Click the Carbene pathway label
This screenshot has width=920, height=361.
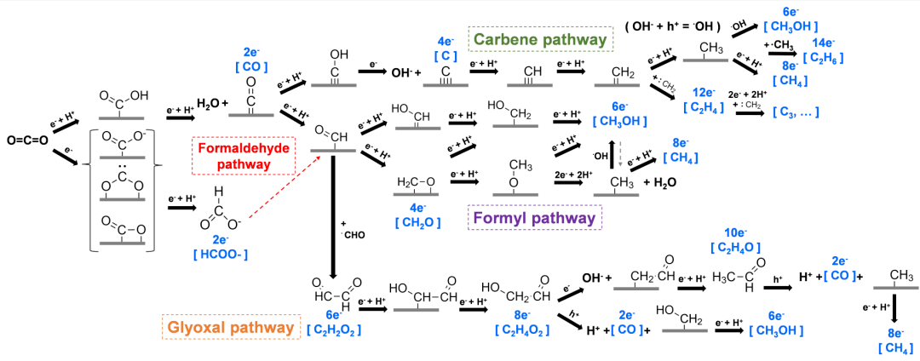541,39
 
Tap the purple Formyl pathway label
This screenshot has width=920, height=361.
535,218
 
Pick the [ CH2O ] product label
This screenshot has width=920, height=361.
417,222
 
